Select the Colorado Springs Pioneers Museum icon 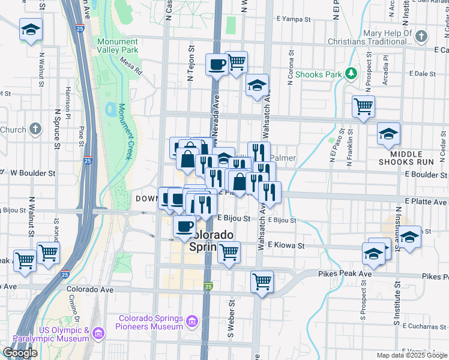[x=192, y=322]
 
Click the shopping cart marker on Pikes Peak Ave [x=262, y=280]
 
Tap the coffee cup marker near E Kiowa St [x=184, y=226]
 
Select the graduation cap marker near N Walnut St [x=30, y=29]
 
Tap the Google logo [x=20, y=353]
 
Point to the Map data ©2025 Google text [x=411, y=355]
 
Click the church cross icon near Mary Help [x=421, y=37]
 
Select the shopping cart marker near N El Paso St [x=363, y=106]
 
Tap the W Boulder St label [x=33, y=173]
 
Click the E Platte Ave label [x=427, y=201]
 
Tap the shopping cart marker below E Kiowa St [x=229, y=252]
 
